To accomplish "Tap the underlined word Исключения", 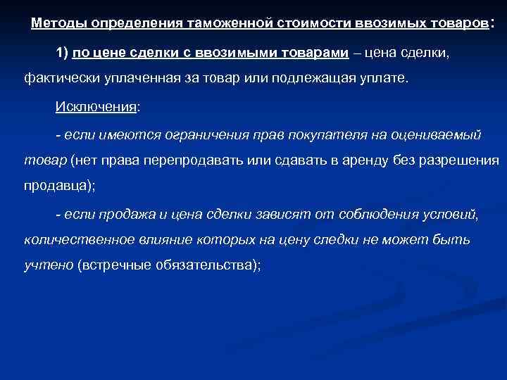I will click(96, 107).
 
